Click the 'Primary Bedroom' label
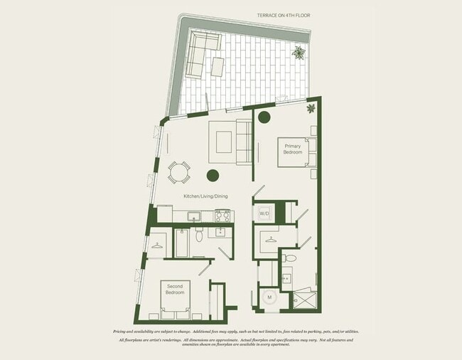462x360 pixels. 294,149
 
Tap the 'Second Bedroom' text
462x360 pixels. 175,290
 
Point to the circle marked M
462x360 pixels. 269,298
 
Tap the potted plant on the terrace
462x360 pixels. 300,52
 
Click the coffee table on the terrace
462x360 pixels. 217,67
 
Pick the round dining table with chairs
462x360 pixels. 179,171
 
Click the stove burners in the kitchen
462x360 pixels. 222,215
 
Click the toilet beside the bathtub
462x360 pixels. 200,235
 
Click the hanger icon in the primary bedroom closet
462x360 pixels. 270,240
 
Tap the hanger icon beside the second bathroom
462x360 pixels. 156,243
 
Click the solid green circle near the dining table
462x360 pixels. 213,175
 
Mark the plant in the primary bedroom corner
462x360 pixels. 311,108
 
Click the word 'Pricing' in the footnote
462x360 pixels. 123,332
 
